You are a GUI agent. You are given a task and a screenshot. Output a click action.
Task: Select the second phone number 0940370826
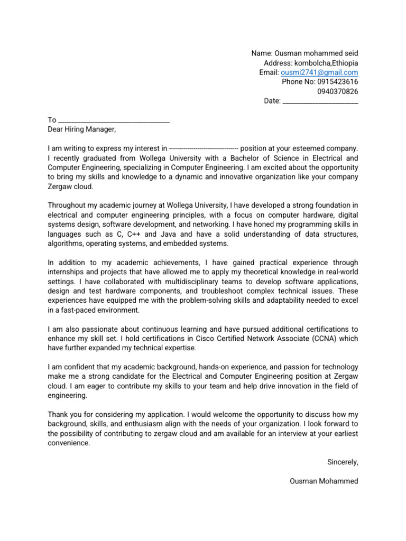pos(337,91)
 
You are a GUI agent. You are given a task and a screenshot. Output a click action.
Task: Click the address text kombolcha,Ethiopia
pos(328,63)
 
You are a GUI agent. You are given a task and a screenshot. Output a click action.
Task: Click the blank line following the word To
pos(114,120)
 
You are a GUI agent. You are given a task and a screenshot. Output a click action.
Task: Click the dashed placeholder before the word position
pos(204,148)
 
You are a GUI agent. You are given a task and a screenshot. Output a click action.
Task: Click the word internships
pos(67,272)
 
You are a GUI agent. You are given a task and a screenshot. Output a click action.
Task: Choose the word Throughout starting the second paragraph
pos(66,206)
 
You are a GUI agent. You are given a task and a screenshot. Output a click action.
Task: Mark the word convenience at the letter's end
pos(68,443)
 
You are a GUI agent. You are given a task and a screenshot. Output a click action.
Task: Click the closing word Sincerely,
pos(343,462)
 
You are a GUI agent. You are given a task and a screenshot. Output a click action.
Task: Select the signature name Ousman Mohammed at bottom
pos(324,481)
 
